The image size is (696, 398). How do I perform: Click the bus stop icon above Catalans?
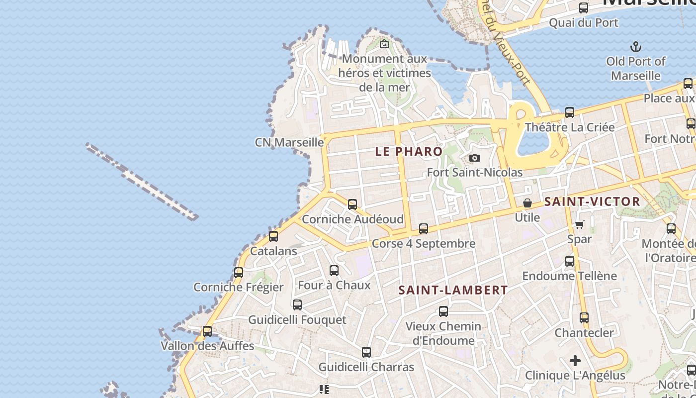pos(273,236)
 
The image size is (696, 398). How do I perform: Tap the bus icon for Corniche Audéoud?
pos(352,204)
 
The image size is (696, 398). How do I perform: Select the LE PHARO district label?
pos(409,151)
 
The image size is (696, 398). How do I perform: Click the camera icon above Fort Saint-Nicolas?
pos(475,158)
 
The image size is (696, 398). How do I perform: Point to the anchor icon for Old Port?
pos(635,47)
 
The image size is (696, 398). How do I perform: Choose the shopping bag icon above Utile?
pos(527,203)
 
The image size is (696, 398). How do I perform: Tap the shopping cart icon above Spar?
pos(579,225)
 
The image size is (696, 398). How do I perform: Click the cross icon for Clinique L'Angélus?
pos(575,360)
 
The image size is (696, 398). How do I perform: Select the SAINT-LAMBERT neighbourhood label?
pos(453,290)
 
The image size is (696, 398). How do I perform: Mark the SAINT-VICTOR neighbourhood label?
pos(592,201)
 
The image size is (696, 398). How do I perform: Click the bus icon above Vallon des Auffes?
pos(207,331)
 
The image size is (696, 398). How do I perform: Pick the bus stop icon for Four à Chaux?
pos(334,271)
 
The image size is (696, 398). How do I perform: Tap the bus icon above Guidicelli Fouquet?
pos(297,305)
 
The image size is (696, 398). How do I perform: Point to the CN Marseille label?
pos(289,142)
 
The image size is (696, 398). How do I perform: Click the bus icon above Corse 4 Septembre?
pos(424,229)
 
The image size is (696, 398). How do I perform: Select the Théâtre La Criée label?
pos(570,127)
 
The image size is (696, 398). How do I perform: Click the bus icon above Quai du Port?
pos(584,8)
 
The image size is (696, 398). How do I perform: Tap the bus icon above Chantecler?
pos(584,317)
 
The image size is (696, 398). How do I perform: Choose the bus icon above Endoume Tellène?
pos(570,261)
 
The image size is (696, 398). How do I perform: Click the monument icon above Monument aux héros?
pos(384,44)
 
